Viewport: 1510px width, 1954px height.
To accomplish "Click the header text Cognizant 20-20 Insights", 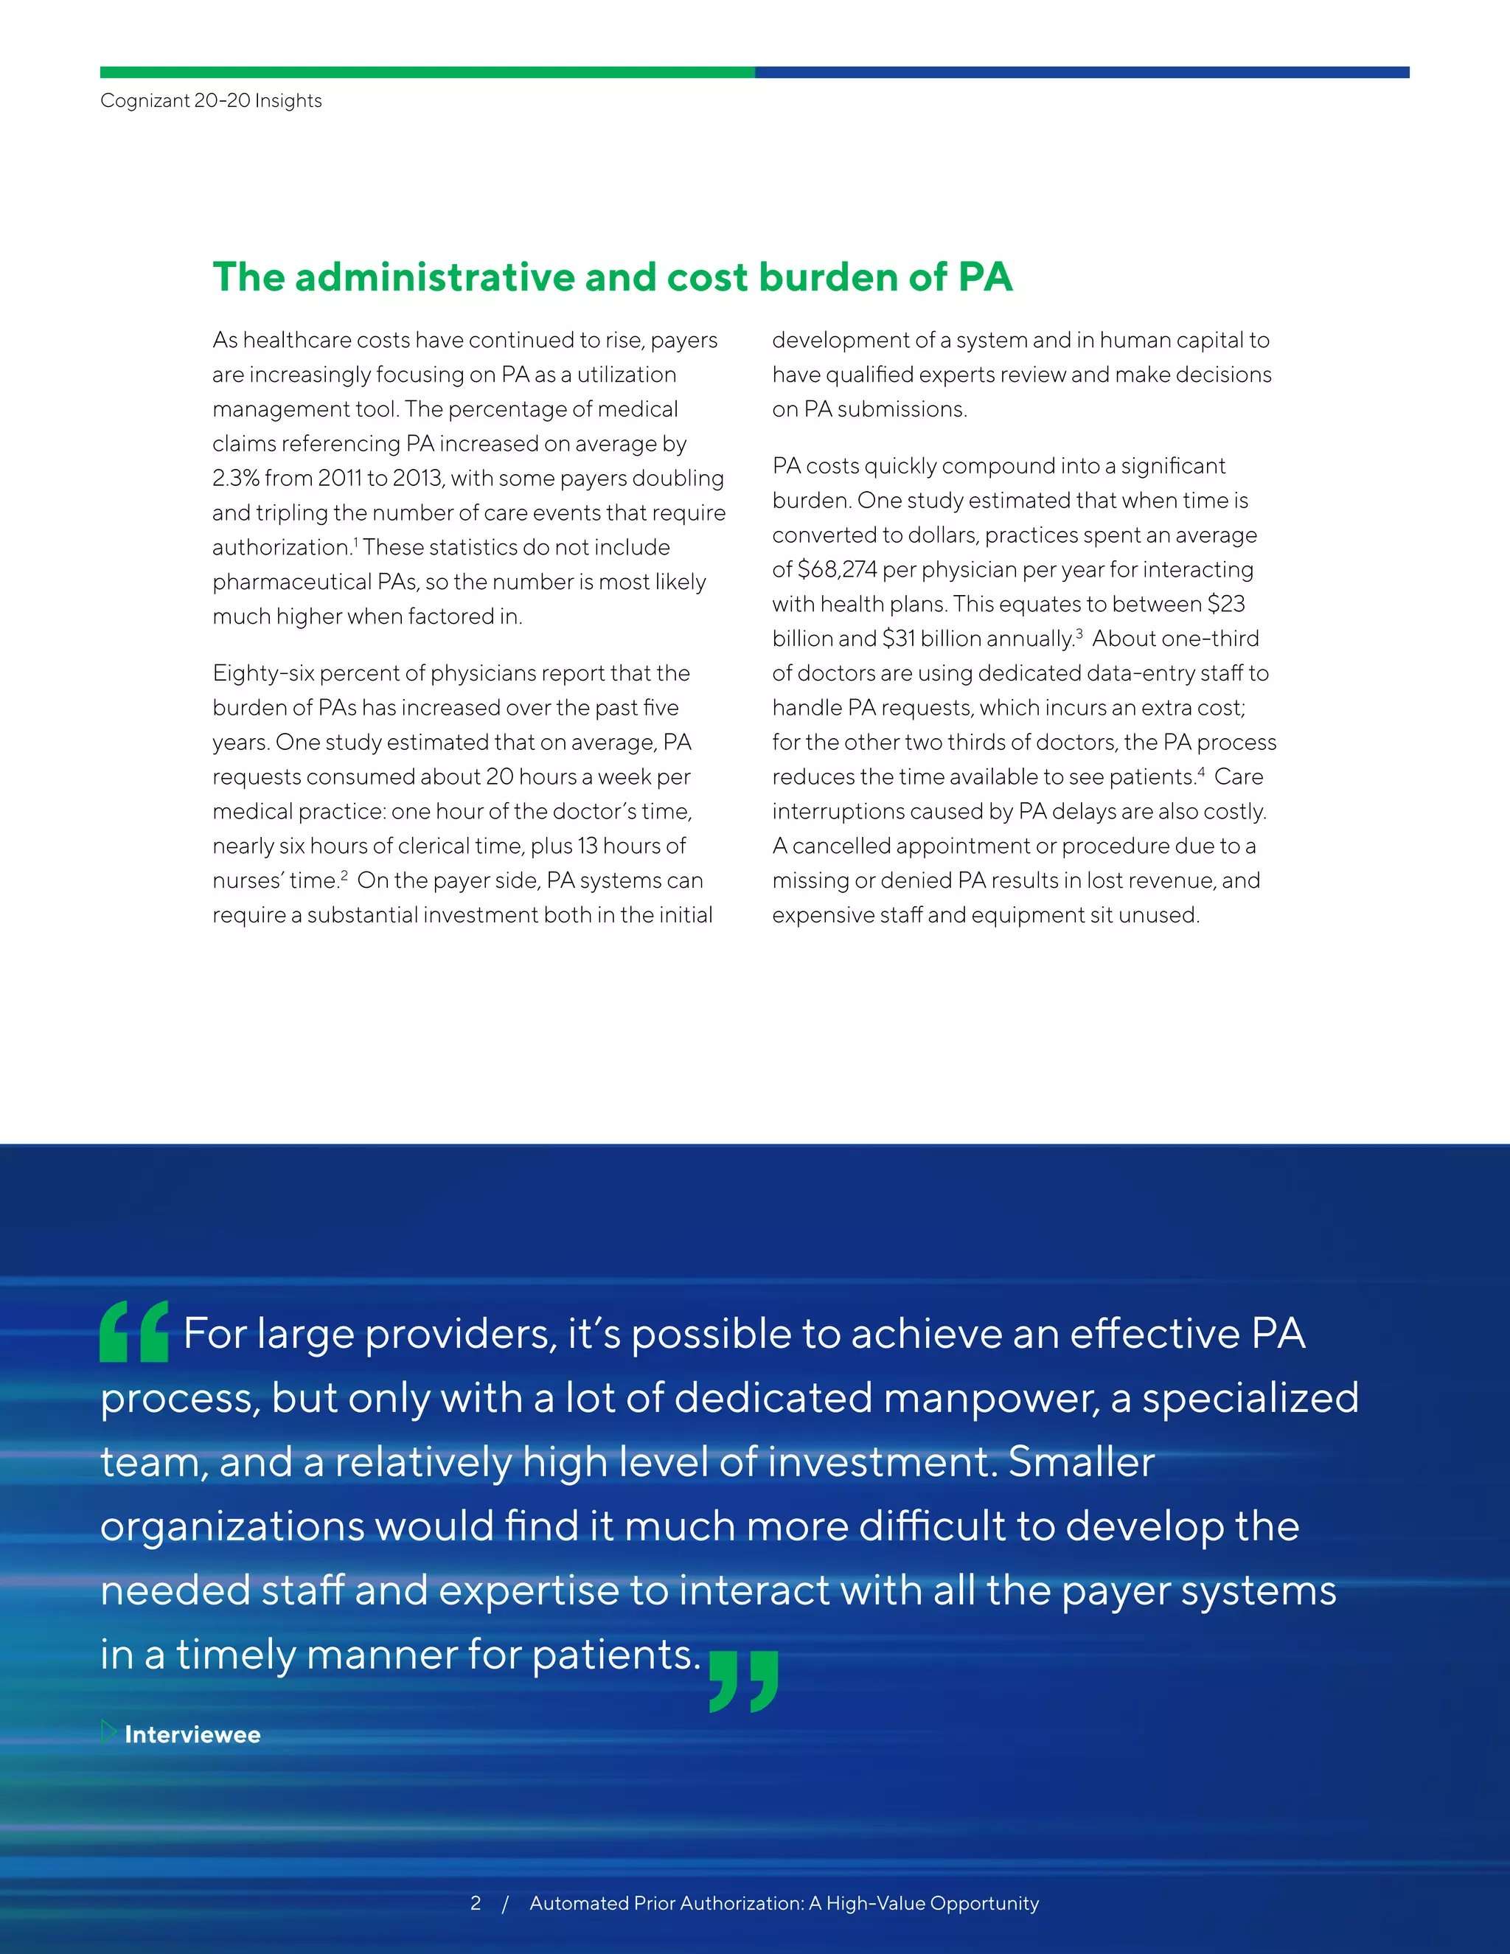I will pyautogui.click(x=211, y=100).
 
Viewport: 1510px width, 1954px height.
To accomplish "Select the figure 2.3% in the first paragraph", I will pyautogui.click(x=235, y=478).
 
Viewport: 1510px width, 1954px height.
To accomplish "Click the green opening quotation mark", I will pyautogui.click(x=134, y=1331).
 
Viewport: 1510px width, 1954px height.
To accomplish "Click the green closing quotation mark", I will pyautogui.click(x=743, y=1681).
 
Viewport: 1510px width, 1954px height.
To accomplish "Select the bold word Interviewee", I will pyautogui.click(x=192, y=1735).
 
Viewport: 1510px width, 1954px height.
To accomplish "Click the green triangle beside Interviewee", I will pyautogui.click(x=108, y=1732).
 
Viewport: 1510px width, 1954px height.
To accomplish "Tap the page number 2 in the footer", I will pyautogui.click(x=475, y=1903).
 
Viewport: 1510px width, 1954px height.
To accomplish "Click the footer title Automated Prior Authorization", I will pyautogui.click(x=666, y=1903).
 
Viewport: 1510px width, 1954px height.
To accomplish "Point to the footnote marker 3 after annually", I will pyautogui.click(x=1079, y=633).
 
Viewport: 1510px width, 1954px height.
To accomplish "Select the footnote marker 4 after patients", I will pyautogui.click(x=1200, y=771).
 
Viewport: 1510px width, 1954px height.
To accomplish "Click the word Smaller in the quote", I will pyautogui.click(x=1081, y=1462).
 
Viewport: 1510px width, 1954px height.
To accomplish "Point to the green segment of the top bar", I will pyautogui.click(x=427, y=72).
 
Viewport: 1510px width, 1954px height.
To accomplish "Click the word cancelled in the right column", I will pyautogui.click(x=847, y=846).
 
